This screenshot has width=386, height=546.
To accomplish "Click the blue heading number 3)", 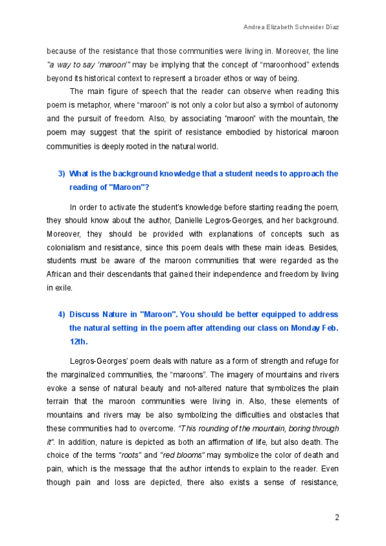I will [x=62, y=174].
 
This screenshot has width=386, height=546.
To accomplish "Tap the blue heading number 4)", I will [x=62, y=314].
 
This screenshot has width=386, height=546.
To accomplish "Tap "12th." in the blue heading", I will [x=78, y=342].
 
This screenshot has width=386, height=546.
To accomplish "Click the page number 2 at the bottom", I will [x=337, y=518].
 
